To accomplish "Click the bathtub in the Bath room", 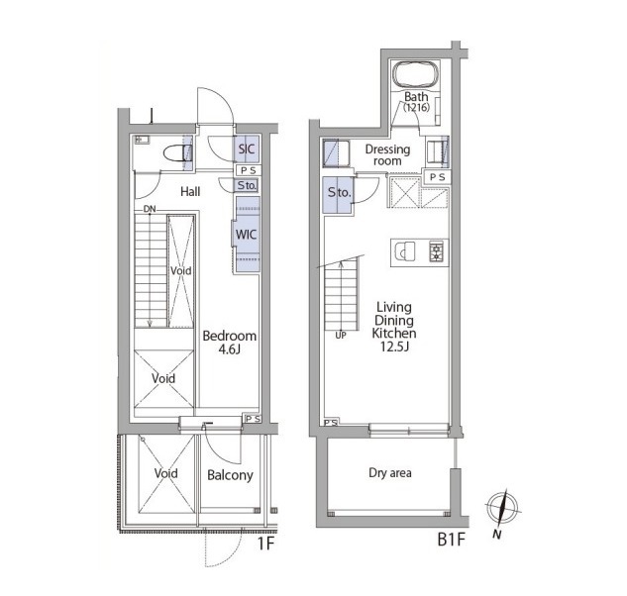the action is (415, 75).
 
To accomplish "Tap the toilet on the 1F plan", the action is (178, 153).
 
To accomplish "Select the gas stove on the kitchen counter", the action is (436, 251).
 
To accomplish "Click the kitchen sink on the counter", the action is (404, 251).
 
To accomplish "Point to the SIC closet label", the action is (247, 149).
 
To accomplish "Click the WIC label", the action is (246, 235).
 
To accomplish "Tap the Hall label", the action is (190, 192).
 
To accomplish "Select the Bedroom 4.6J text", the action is (230, 343).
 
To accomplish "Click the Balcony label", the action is (230, 475).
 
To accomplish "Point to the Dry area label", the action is (390, 473).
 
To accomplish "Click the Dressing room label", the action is (387, 155).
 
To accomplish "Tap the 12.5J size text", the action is (394, 347).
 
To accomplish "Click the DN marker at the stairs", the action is (150, 209).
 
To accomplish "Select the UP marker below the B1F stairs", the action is (341, 336).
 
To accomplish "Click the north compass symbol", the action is (502, 509).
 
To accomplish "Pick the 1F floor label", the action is (265, 544).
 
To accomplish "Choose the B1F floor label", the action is (452, 540).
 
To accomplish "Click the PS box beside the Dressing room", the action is (437, 177).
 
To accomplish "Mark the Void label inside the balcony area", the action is (166, 473).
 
